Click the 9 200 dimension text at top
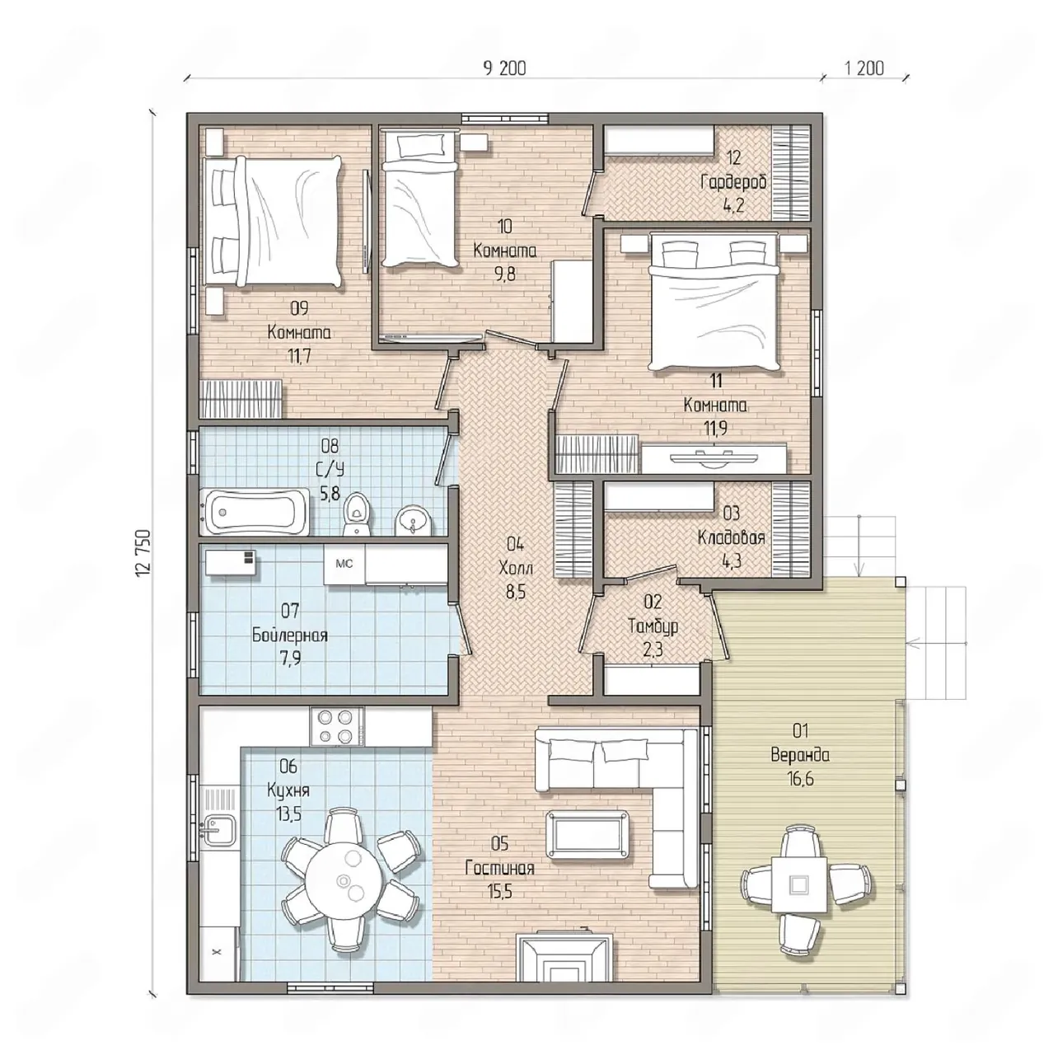tap(504, 68)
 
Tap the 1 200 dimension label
tap(864, 68)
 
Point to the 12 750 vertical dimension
tap(142, 553)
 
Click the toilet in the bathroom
tap(357, 513)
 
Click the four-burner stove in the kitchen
tap(337, 726)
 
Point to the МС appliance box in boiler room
tap(344, 565)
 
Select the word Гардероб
tap(734, 182)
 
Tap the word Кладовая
tap(731, 537)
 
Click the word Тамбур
tap(653, 626)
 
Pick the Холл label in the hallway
tap(516, 568)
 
